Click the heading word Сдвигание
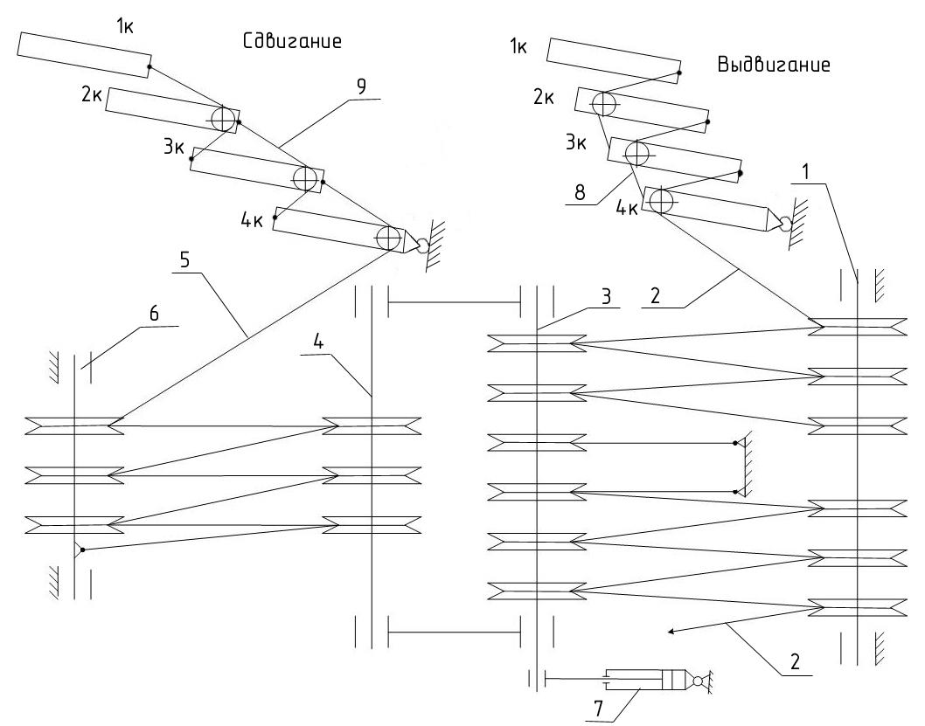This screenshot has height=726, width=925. click(291, 42)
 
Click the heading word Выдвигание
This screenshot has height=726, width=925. click(773, 66)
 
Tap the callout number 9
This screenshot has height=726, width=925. click(361, 87)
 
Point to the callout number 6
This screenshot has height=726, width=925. click(154, 315)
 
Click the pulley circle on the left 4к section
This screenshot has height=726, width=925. click(388, 238)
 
